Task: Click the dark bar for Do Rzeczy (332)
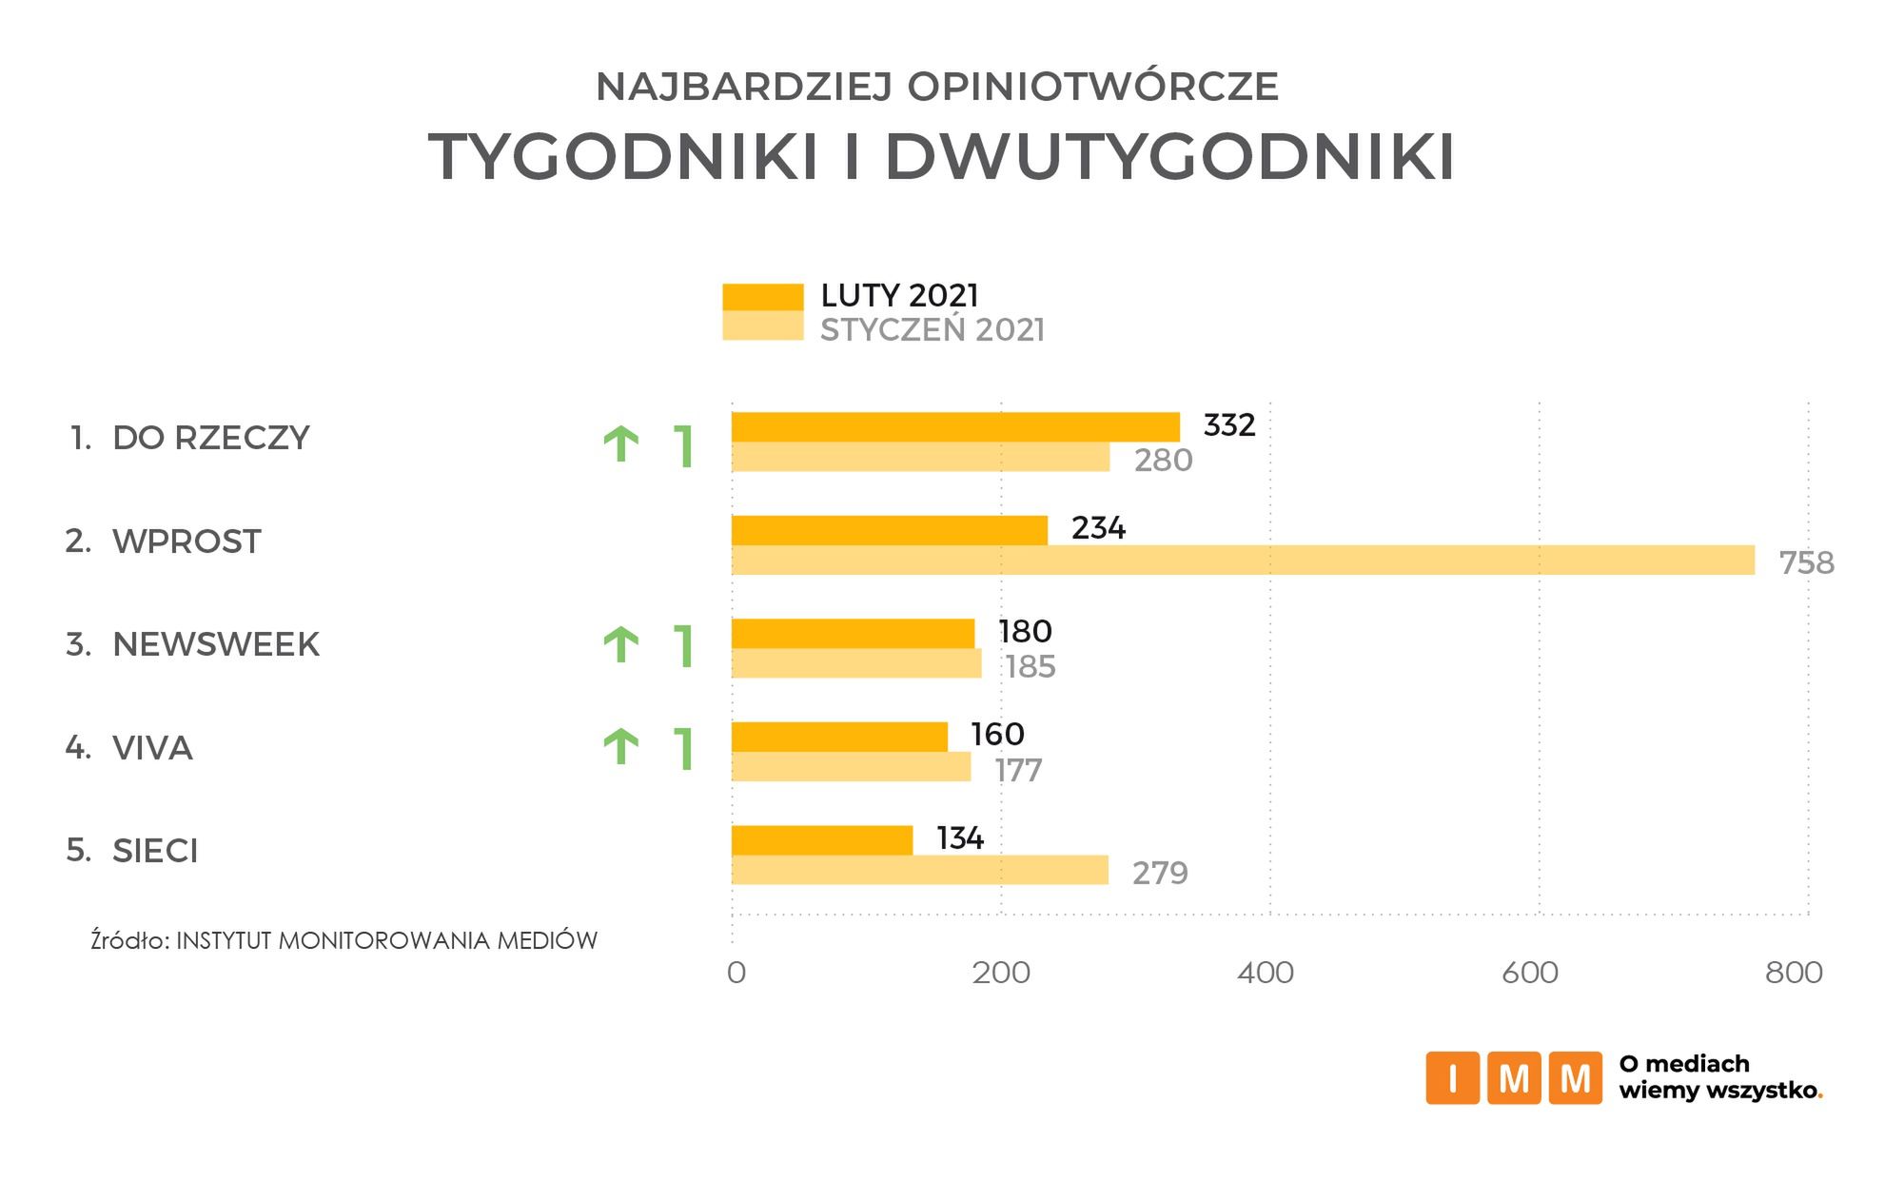pyautogui.click(x=955, y=427)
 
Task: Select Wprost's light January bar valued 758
pyautogui.click(x=1243, y=561)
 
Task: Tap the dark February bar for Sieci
pyautogui.click(x=822, y=840)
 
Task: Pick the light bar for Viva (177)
pyautogui.click(x=851, y=767)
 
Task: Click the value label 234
pyautogui.click(x=1098, y=528)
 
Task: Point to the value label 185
pyautogui.click(x=1030, y=666)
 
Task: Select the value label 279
pyautogui.click(x=1160, y=873)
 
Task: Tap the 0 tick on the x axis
pyautogui.click(x=736, y=973)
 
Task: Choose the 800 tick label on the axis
pyautogui.click(x=1794, y=973)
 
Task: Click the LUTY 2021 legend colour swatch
pyautogui.click(x=762, y=297)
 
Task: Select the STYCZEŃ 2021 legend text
pyautogui.click(x=932, y=330)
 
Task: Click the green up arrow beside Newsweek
pyautogui.click(x=621, y=645)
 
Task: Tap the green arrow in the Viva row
pyautogui.click(x=621, y=747)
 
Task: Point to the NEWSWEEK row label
pyautogui.click(x=216, y=644)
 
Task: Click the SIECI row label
pyautogui.click(x=155, y=850)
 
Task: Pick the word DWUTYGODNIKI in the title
pyautogui.click(x=1169, y=157)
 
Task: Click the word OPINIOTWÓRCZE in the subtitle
pyautogui.click(x=1092, y=87)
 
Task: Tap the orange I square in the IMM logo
pyautogui.click(x=1452, y=1078)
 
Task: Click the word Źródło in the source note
pyautogui.click(x=129, y=940)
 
